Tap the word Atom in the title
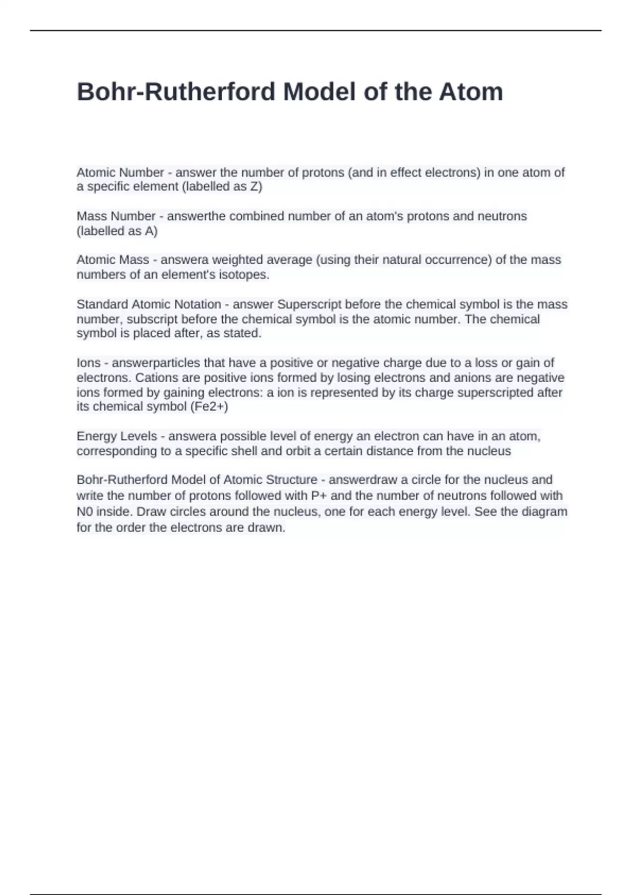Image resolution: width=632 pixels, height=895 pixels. pyautogui.click(x=471, y=92)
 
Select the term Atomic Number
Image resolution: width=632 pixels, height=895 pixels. pyautogui.click(x=120, y=173)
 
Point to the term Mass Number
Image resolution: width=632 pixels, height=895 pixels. pyautogui.click(x=116, y=216)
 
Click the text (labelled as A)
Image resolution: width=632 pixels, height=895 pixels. pyautogui.click(x=117, y=231)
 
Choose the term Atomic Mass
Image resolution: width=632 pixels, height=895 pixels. pyautogui.click(x=113, y=260)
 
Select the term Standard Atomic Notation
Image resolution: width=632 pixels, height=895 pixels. pyautogui.click(x=149, y=304)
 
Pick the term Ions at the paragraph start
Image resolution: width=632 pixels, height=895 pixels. pyautogui.click(x=88, y=363)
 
